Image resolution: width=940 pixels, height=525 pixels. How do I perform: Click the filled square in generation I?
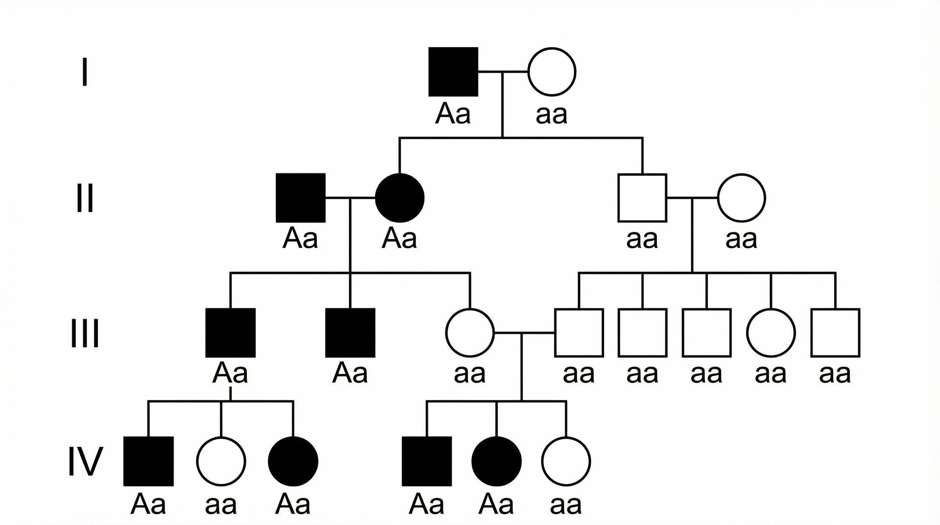[453, 72]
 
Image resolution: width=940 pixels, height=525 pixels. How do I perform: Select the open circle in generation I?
[552, 72]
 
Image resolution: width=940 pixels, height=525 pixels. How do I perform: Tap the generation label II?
[85, 198]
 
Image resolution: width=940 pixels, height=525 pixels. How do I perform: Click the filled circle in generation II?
[400, 198]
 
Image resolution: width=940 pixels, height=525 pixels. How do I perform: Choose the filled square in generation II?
[300, 198]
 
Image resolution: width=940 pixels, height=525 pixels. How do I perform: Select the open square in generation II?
[642, 198]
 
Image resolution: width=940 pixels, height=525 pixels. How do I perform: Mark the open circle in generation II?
[742, 198]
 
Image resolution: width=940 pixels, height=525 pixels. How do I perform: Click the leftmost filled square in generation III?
[230, 333]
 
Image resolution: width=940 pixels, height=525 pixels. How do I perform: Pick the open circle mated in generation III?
[470, 333]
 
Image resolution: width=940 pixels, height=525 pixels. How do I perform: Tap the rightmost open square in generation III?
[835, 333]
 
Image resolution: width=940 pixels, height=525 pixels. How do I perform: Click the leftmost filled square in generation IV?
[149, 461]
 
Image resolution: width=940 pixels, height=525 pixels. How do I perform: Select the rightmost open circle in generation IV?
[566, 461]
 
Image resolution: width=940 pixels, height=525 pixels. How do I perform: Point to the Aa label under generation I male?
[453, 114]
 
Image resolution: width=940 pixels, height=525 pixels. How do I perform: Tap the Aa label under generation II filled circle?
[399, 239]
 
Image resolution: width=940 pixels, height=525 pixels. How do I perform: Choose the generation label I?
[85, 71]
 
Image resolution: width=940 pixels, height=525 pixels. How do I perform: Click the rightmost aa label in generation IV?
[566, 505]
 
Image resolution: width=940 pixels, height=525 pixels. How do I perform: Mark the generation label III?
[85, 333]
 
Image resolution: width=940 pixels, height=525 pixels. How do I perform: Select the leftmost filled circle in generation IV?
[293, 461]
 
